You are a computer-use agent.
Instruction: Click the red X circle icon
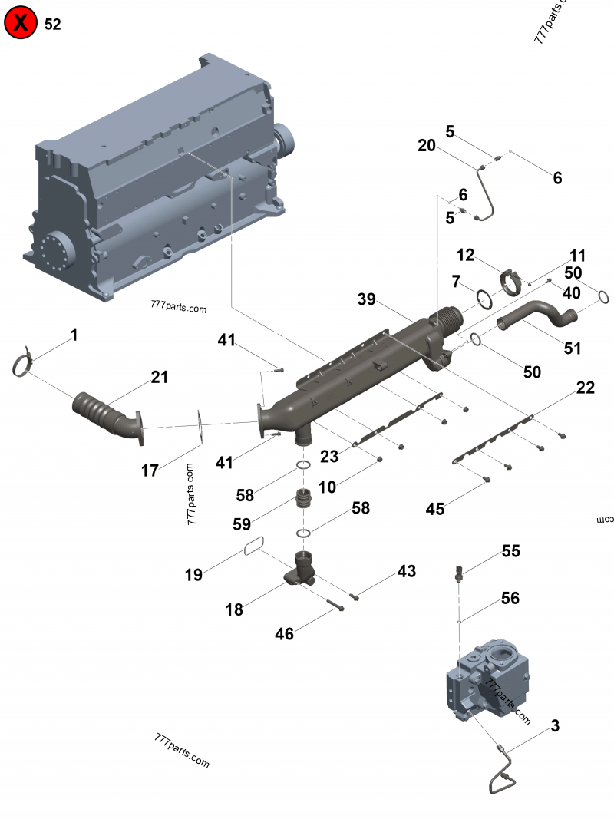pyautogui.click(x=21, y=24)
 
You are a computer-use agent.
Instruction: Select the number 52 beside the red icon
pyautogui.click(x=53, y=25)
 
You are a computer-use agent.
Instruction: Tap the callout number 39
pyautogui.click(x=368, y=299)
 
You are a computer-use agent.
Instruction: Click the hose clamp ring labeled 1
pyautogui.click(x=25, y=363)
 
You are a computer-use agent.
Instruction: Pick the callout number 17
pyautogui.click(x=150, y=470)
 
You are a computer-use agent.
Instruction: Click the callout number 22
pyautogui.click(x=586, y=388)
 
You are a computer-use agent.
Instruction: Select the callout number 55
pyautogui.click(x=511, y=550)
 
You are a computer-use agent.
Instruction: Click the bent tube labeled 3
pyautogui.click(x=504, y=771)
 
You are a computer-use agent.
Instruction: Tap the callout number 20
pyautogui.click(x=427, y=146)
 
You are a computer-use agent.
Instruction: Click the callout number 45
pyautogui.click(x=436, y=508)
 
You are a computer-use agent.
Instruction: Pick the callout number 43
pyautogui.click(x=406, y=571)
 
